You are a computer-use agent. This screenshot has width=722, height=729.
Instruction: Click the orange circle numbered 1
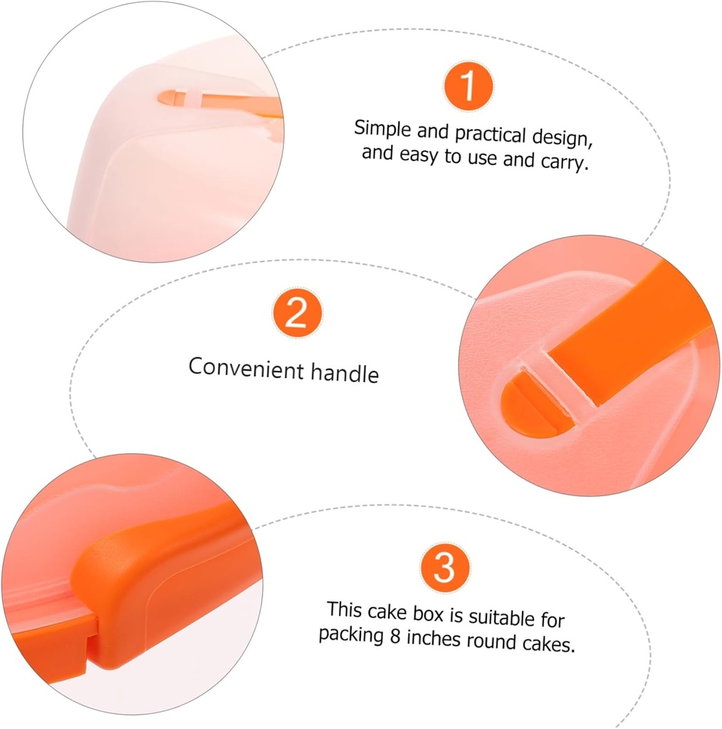pos(469,86)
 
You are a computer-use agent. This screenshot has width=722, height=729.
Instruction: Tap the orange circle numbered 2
pos(297,313)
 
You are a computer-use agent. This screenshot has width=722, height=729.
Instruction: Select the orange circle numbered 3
pos(445,567)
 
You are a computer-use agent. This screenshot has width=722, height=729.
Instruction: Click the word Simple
pos(382,128)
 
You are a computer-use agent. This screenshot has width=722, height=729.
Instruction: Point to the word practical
pos(490,135)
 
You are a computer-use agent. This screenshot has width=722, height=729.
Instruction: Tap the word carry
pos(564,162)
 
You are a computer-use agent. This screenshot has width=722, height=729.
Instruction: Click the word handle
pos(345,372)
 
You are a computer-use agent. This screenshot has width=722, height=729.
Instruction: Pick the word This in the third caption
pos(344,609)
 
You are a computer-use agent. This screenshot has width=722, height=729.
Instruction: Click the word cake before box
pos(387,612)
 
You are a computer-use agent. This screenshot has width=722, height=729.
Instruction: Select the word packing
pos(351,634)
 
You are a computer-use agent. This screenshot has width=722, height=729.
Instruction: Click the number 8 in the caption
pos(395,636)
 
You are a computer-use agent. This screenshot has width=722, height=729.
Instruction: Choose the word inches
pos(434,638)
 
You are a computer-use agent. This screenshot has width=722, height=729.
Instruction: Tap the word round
pos(491,641)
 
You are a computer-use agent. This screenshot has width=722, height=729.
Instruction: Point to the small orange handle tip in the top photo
pos(172,98)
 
